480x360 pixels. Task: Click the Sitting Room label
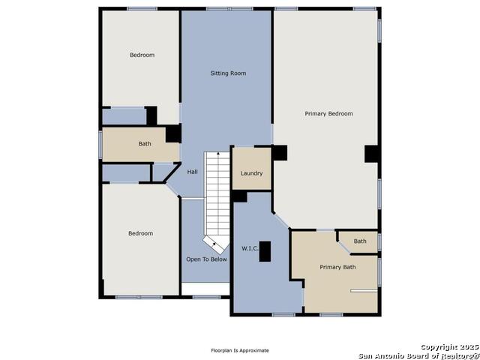pos(228,73)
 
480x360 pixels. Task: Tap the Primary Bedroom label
pos(328,113)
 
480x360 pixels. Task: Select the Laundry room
pos(252,169)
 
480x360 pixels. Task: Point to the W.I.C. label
pos(250,248)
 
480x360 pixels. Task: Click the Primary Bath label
pos(337,267)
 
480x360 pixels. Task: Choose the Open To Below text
pos(207,259)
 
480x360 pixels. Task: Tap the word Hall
pos(192,172)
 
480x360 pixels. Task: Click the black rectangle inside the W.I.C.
pos(265,251)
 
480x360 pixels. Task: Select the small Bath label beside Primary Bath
pos(360,241)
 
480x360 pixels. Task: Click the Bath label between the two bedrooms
pos(145,143)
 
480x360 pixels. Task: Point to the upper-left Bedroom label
pos(142,55)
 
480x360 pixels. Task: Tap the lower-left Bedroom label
pos(140,233)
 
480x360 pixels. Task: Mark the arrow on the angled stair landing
pos(214,244)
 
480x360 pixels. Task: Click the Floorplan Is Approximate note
pos(240,350)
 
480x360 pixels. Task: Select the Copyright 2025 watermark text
pos(449,346)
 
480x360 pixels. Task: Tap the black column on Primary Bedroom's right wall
pos(372,154)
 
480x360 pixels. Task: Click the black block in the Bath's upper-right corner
pos(173,133)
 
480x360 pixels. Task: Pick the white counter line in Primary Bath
pos(364,290)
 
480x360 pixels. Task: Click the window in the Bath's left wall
pos(100,144)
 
